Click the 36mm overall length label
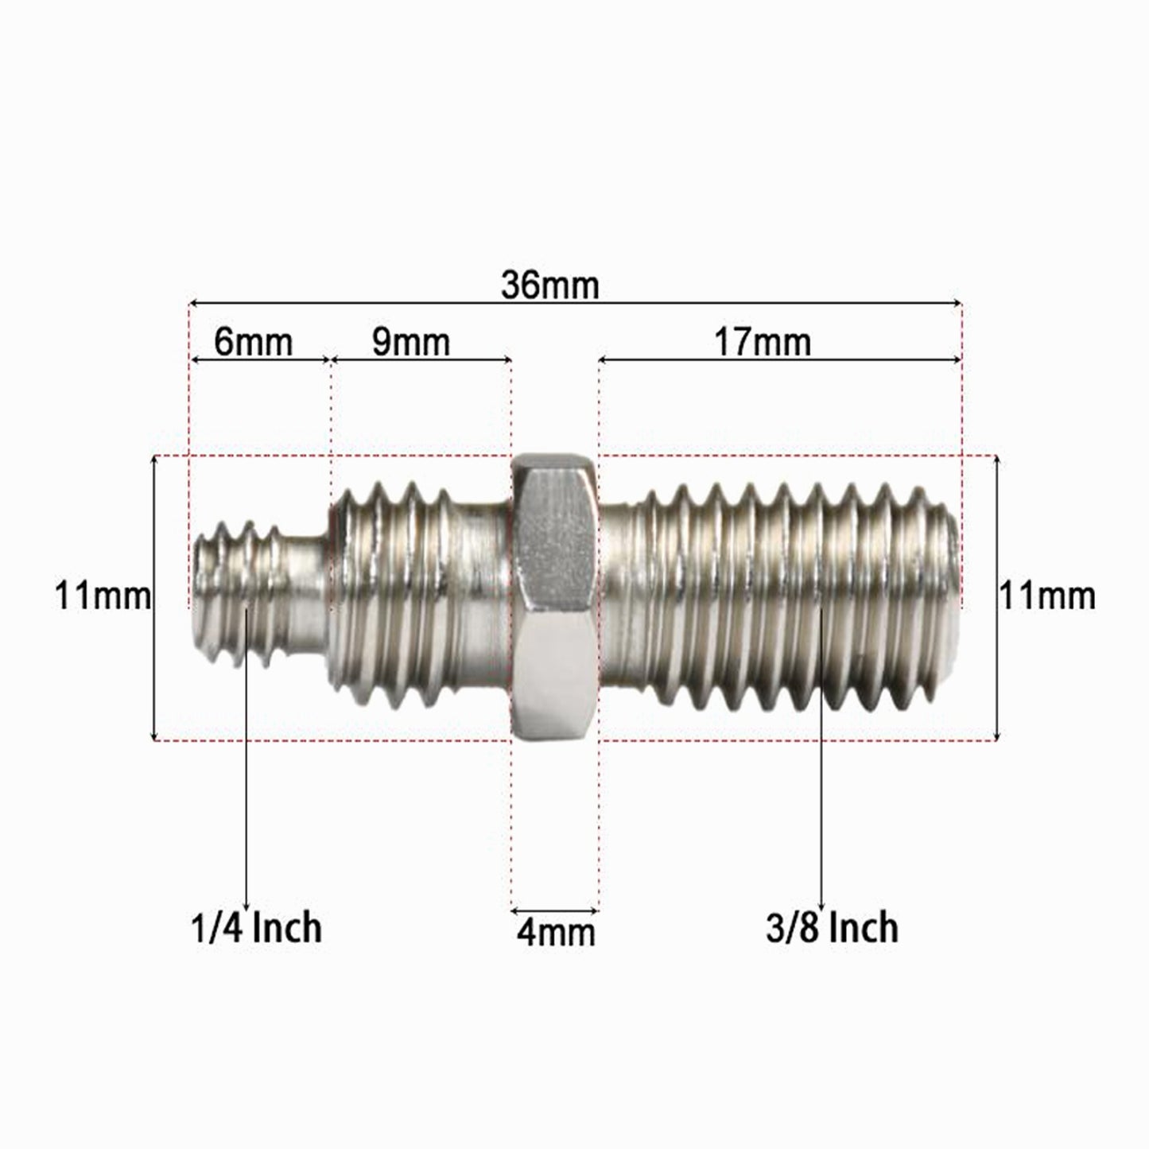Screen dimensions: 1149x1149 (x=549, y=285)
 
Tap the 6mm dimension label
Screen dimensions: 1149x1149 (x=254, y=342)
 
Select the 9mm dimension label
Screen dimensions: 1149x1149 (x=411, y=342)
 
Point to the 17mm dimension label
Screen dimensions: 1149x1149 (x=763, y=343)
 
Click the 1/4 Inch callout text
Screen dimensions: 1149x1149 (x=256, y=928)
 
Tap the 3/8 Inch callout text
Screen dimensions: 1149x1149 (x=832, y=928)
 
